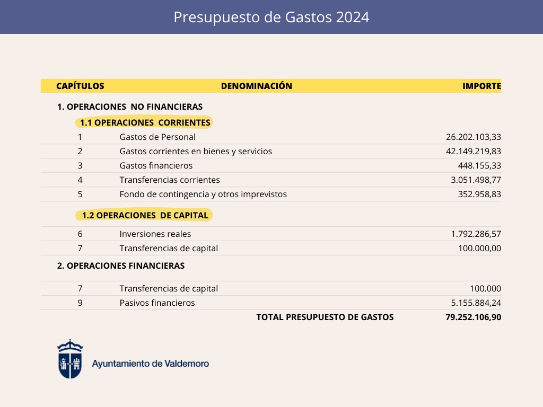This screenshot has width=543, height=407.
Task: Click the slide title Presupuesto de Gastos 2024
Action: (271, 17)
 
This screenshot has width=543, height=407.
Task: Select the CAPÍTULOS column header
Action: (80, 86)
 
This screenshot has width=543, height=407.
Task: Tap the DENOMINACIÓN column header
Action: (257, 86)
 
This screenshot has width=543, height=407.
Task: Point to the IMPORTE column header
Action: (481, 86)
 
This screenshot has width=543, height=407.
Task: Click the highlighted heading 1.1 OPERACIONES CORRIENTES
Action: (145, 123)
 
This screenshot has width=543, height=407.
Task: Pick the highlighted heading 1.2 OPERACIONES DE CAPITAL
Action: (145, 215)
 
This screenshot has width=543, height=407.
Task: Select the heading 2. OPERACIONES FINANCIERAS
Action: (121, 266)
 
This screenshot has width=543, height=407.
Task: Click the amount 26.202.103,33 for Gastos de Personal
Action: (473, 137)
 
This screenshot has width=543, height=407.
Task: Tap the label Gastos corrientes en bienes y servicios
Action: (196, 151)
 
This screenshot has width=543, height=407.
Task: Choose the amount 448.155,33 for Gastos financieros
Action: (479, 165)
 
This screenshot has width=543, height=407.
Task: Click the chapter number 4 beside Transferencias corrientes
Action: (80, 180)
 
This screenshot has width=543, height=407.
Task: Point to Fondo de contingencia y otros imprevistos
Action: (203, 194)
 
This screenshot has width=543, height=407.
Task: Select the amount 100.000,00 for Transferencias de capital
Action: (479, 248)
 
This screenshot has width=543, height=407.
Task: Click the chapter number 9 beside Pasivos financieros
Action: (80, 303)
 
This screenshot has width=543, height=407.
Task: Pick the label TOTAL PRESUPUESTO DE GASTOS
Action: (325, 317)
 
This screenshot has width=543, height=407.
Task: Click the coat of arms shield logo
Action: (70, 359)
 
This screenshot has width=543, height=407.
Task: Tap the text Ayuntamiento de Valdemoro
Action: (151, 364)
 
